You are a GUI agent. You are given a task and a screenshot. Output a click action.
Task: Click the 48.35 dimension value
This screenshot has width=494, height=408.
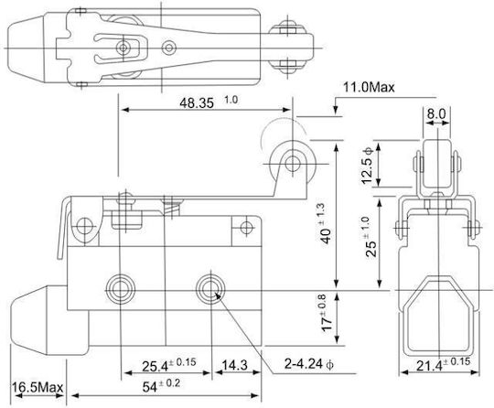pyautogui.click(x=197, y=103)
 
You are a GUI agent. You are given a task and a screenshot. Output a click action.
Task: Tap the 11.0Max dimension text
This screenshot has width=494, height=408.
pyautogui.click(x=369, y=87)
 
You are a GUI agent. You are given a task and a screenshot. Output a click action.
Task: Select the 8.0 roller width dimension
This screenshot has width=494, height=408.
pyautogui.click(x=436, y=113)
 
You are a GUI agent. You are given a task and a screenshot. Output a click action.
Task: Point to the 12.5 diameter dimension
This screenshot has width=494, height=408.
pyautogui.click(x=368, y=166)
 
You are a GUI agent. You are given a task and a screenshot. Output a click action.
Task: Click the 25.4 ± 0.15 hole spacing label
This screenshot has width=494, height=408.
pyautogui.click(x=168, y=365)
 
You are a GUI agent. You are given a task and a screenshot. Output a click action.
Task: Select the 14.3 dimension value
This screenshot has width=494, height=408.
pyautogui.click(x=235, y=366)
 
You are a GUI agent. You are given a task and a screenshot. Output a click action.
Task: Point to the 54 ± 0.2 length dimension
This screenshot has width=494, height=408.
pyautogui.click(x=161, y=386)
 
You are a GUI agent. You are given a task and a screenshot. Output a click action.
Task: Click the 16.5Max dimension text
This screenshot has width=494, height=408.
pyautogui.click(x=38, y=387)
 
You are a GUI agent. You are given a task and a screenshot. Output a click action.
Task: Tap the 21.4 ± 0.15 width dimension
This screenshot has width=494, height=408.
pyautogui.click(x=443, y=365)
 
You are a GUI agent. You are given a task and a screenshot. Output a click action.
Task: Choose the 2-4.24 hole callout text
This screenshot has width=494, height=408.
pyautogui.click(x=308, y=364)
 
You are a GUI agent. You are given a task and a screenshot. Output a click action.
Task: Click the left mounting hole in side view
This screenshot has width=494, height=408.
pyautogui.click(x=121, y=288)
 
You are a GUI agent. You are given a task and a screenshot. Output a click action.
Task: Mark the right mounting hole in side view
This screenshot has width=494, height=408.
pyautogui.click(x=210, y=288)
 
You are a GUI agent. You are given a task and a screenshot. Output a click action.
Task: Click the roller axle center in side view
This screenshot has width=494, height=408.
pyautogui.click(x=293, y=164)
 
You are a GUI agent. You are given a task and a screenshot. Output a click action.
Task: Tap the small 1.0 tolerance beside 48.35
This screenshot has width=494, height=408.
pyautogui.click(x=231, y=100)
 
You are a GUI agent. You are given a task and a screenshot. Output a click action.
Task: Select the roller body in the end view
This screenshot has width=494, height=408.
pyautogui.click(x=437, y=164)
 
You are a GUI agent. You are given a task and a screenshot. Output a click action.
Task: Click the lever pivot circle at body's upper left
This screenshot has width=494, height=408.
pyautogui.click(x=84, y=226)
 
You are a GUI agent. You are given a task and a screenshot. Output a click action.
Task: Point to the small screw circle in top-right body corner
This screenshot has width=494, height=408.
pyautogui.click(x=246, y=227)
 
